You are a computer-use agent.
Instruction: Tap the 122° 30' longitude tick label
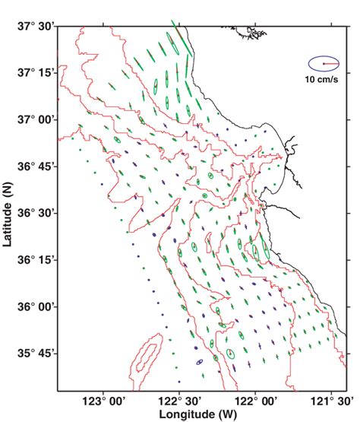coord(179,400)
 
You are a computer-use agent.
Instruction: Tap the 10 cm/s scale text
coord(322,79)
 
